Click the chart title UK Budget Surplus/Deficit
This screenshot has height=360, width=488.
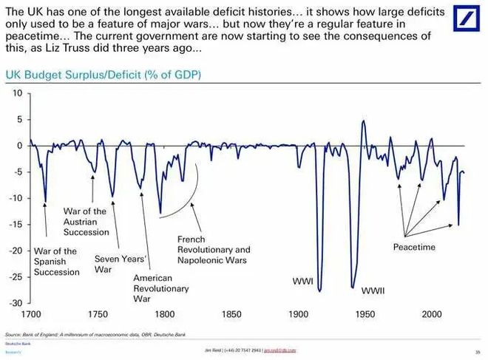[104, 75]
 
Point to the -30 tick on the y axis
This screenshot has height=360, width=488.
[16, 303]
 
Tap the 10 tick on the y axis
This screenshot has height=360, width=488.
[18, 93]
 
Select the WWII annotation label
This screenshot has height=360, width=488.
[373, 291]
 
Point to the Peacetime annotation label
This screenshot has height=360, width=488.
[414, 247]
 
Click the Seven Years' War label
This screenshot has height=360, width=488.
[122, 265]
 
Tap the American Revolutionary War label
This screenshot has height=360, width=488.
[161, 288]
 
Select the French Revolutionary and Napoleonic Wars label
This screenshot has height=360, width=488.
[214, 250]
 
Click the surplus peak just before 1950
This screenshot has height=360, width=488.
[363, 120]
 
